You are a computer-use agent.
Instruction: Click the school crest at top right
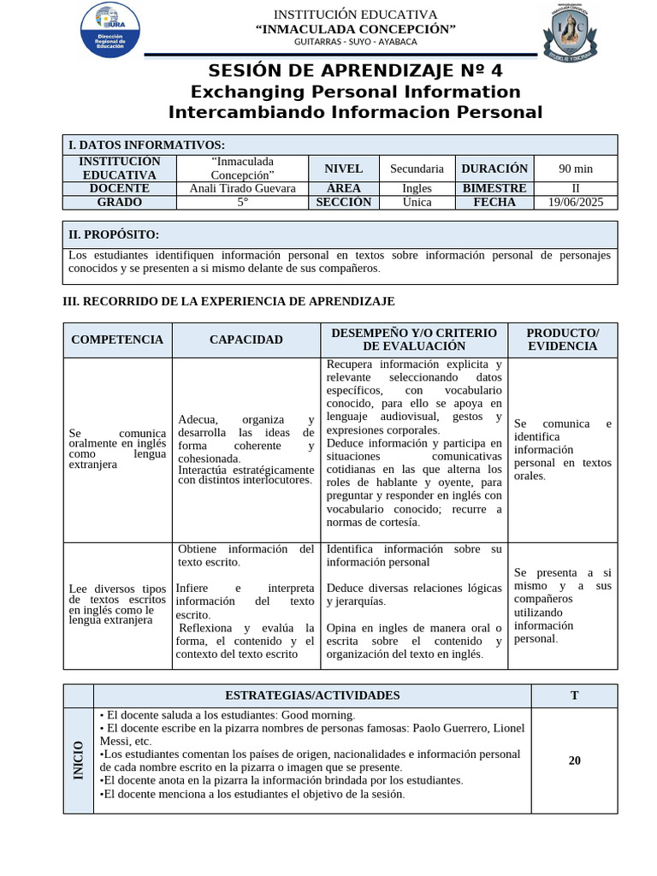point(565,33)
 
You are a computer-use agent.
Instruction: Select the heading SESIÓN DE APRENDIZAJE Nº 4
point(355,71)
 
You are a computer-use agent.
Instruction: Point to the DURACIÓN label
point(494,169)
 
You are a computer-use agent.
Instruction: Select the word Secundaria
point(417,169)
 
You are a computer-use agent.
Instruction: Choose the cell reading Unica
point(417,203)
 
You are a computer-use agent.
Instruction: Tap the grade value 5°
point(242,203)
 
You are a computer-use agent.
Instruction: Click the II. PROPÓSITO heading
point(114,234)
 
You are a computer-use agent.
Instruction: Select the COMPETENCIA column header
point(117,340)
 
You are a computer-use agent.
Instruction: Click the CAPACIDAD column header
point(246,340)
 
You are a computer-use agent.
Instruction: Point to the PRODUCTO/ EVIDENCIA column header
point(562,340)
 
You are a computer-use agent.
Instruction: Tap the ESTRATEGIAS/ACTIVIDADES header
point(312,695)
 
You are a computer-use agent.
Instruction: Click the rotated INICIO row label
point(78,760)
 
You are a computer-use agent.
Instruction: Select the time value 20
point(574,761)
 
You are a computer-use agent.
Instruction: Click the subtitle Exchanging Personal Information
point(355,92)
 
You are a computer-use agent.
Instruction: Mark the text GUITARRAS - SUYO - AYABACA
point(356,42)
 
